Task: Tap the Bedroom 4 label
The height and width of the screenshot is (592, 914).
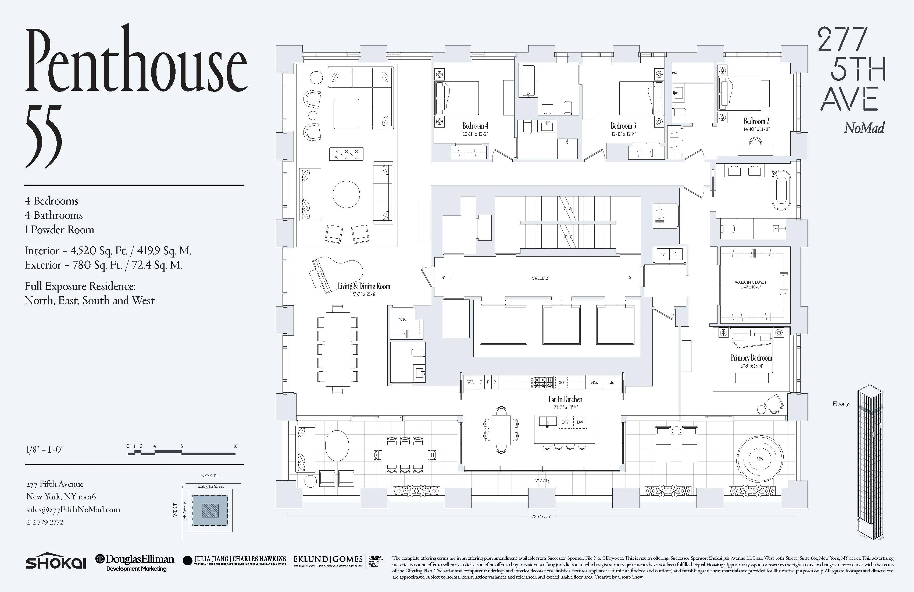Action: [x=475, y=126]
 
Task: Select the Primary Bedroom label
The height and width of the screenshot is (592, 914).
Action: [x=751, y=358]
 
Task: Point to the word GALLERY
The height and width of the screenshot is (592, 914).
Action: [x=540, y=278]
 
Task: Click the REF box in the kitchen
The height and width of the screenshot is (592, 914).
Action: [x=611, y=382]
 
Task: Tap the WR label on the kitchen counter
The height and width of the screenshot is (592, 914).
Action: [x=470, y=382]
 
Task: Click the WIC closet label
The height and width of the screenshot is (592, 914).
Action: [x=402, y=319]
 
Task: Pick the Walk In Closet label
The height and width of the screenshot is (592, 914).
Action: [x=750, y=282]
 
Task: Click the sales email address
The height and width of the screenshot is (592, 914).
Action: [x=73, y=510]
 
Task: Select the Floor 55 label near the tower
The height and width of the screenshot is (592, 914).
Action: [x=841, y=404]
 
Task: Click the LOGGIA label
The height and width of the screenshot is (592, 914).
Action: [x=541, y=481]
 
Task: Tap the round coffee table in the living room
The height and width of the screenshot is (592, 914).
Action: [x=346, y=194]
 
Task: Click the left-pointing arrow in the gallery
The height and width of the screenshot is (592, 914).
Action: [x=446, y=277]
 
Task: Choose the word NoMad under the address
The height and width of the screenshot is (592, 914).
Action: [x=864, y=128]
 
